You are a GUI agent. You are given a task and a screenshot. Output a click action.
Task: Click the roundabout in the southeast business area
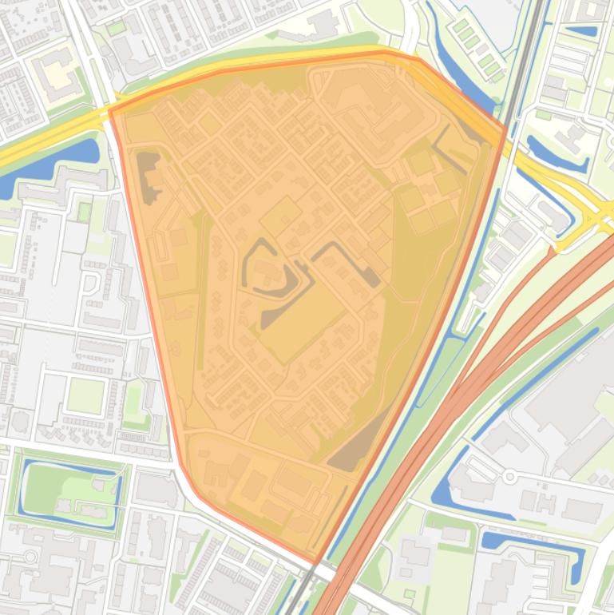coord(509,478)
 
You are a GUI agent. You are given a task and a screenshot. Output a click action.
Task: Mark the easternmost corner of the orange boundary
coord(505,128)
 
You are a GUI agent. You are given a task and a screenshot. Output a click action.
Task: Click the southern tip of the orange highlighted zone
coord(317,561)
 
